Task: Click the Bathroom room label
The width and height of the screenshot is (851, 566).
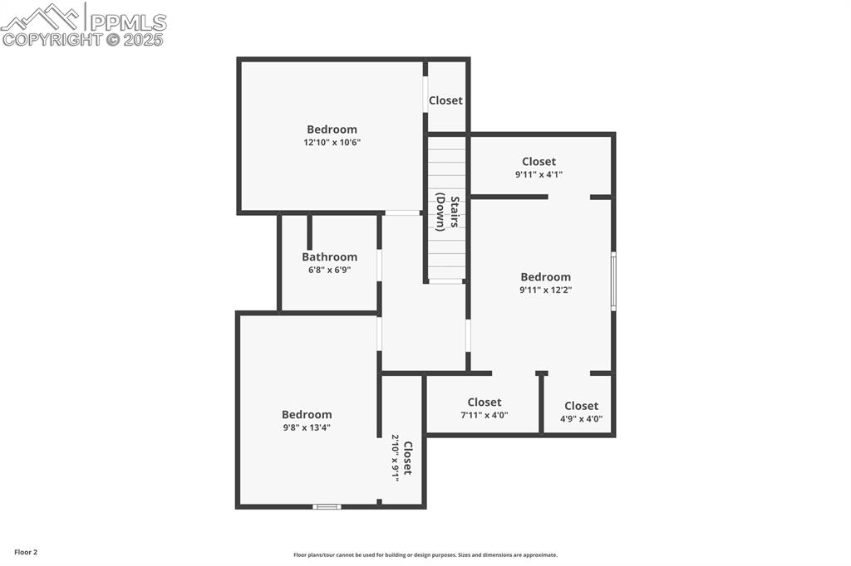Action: click(329, 257)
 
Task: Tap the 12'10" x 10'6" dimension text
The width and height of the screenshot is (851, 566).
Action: click(332, 143)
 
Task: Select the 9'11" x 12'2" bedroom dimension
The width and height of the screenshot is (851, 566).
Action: click(545, 290)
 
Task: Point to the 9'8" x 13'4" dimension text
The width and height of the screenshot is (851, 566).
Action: click(307, 427)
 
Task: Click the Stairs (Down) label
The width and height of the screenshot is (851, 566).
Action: click(448, 213)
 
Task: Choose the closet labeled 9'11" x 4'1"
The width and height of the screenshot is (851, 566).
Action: click(539, 162)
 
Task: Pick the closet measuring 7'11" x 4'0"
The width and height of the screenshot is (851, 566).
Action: click(484, 403)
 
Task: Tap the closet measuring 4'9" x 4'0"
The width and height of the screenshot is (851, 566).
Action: click(581, 406)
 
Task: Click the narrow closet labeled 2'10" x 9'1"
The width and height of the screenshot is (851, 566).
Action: click(402, 457)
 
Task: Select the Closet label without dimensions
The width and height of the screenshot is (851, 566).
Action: click(445, 100)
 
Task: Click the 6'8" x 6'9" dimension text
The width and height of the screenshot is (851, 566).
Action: click(329, 270)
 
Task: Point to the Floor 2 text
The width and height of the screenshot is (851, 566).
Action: click(26, 552)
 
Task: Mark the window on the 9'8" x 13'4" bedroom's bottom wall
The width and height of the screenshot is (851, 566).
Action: click(327, 506)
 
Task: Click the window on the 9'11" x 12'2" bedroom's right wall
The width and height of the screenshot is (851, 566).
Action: click(613, 282)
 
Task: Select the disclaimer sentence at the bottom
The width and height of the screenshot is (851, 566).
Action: click(425, 555)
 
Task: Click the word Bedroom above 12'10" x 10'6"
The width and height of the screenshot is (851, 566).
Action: click(332, 129)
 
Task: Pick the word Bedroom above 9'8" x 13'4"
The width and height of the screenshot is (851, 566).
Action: click(307, 415)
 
